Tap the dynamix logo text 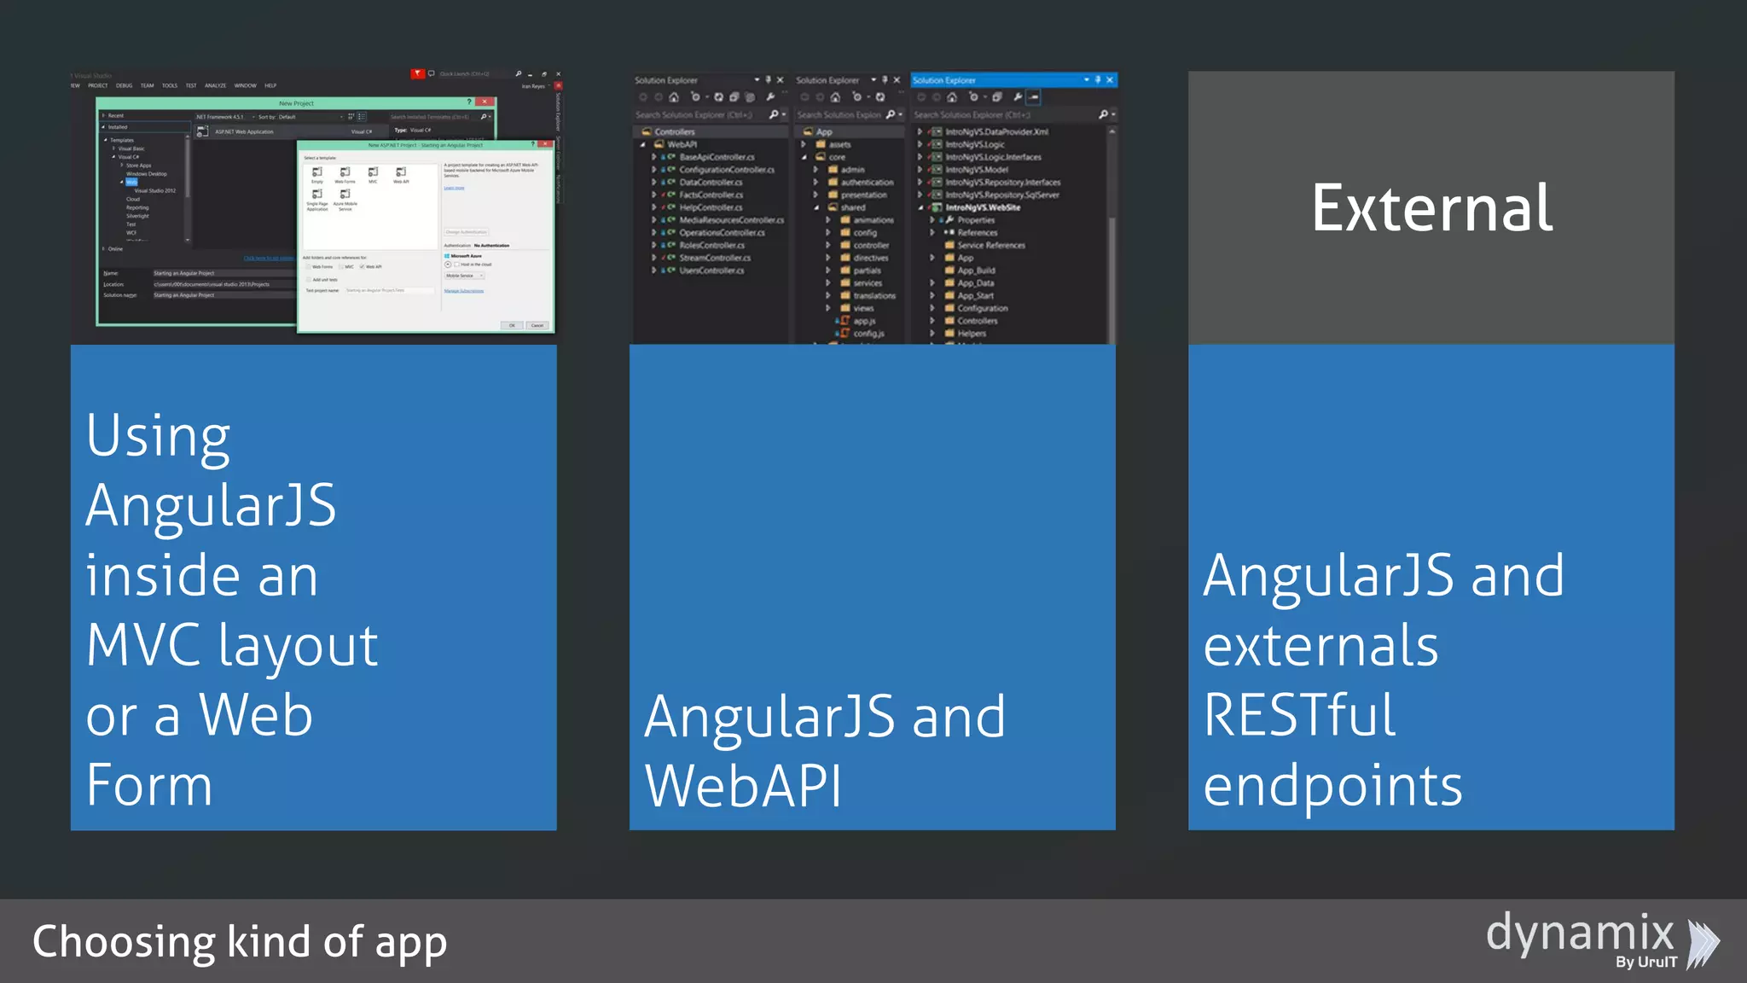[x=1580, y=933]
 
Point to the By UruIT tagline [x=1645, y=963]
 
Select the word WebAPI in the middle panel [x=743, y=786]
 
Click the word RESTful [x=1299, y=715]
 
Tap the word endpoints [x=1332, y=786]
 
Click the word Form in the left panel [x=149, y=786]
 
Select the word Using [x=158, y=437]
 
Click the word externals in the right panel [x=1320, y=646]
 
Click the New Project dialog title [x=296, y=103]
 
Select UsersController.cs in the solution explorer [x=711, y=270]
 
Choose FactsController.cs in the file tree [x=711, y=195]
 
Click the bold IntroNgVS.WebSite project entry [x=983, y=207]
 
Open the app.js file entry [x=864, y=321]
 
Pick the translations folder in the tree [x=874, y=295]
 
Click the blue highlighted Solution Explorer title [x=944, y=80]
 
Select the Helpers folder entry [x=972, y=334]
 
